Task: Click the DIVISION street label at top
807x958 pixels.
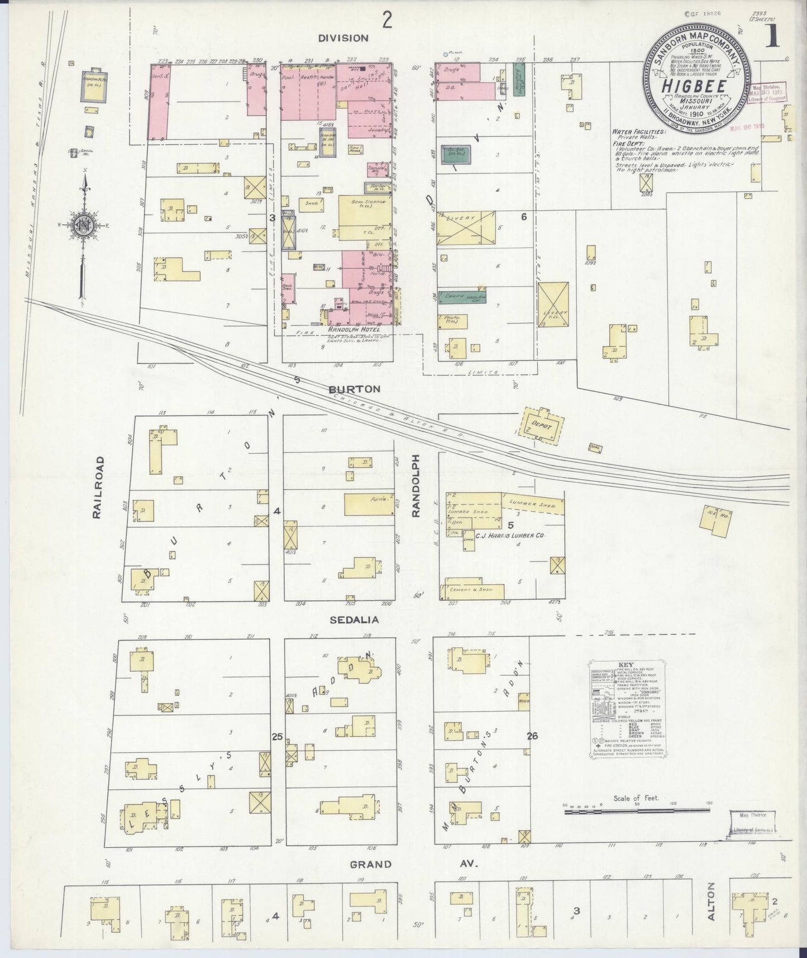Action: coord(343,38)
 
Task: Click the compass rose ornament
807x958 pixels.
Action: coord(85,224)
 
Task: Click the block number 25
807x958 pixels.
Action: coord(276,737)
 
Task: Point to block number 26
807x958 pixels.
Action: coord(532,736)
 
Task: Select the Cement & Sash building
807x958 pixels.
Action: coord(474,591)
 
